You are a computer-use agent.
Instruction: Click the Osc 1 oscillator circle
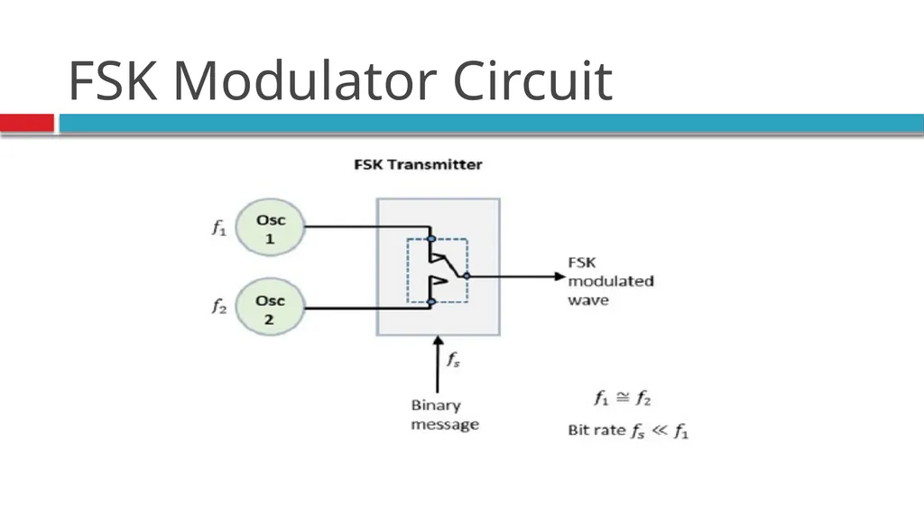coord(270,227)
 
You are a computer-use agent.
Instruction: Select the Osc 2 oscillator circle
coord(270,307)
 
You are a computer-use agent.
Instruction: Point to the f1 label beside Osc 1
coord(219,227)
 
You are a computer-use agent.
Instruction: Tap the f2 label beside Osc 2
coord(219,307)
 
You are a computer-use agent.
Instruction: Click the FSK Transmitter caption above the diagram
coord(418,164)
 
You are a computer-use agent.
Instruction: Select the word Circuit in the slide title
coord(532,80)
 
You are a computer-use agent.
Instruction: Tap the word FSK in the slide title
coord(113,80)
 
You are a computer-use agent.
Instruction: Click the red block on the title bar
coord(27,124)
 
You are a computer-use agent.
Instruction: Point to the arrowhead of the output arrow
coord(560,276)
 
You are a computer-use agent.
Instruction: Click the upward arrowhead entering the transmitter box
coord(438,341)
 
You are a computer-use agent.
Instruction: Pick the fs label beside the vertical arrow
coord(453,359)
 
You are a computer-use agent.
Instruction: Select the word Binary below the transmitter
coord(436,406)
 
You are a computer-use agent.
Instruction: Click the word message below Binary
coord(445,424)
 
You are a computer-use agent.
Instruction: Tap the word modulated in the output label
coord(611,282)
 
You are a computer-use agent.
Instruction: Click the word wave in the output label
coord(588,301)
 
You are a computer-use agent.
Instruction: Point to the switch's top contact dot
coord(431,239)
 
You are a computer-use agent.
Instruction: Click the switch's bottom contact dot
coord(431,302)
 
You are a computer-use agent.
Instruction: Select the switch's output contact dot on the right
coord(467,276)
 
